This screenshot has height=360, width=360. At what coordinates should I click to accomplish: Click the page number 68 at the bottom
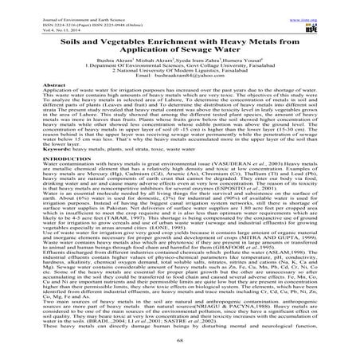click(179, 342)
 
